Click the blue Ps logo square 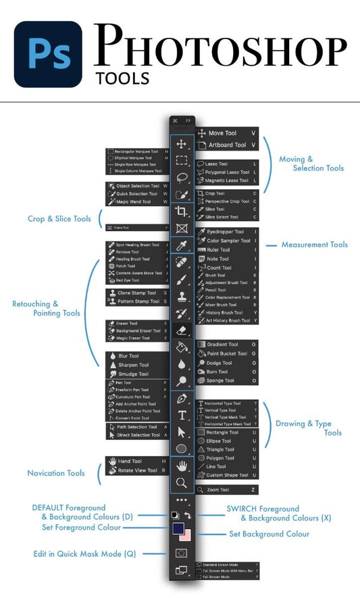click(48, 54)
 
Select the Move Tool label click(222, 133)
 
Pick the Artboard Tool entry click(227, 145)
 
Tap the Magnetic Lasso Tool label click(227, 181)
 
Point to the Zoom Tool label click(217, 489)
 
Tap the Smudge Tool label click(134, 374)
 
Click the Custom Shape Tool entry click(227, 475)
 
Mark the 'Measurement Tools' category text click(315, 245)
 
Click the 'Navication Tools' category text click(56, 473)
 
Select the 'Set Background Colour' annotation click(269, 534)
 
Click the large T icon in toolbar click(182, 415)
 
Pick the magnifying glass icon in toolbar click(181, 482)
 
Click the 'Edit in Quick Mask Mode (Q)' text click(85, 553)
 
